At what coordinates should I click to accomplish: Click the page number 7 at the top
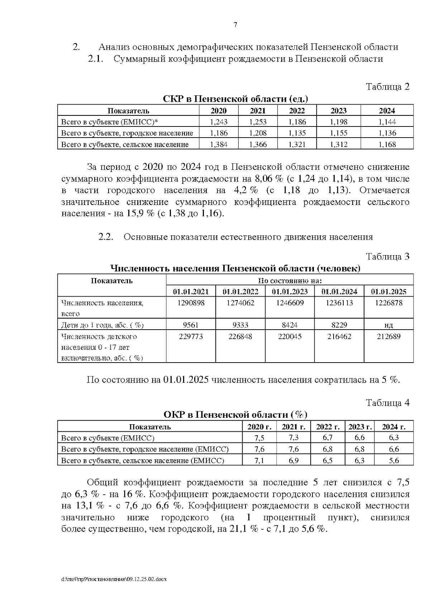(x=235, y=25)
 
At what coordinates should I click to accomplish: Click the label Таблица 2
(x=387, y=87)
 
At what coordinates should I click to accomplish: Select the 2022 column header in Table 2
(x=297, y=111)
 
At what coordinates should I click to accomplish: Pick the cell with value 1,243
(x=219, y=122)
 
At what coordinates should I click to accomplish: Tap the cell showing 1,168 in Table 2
(x=387, y=144)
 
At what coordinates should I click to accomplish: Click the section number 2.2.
(x=106, y=237)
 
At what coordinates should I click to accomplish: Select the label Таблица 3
(x=387, y=257)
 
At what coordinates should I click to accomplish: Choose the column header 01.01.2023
(x=290, y=291)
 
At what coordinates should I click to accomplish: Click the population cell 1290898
(x=191, y=303)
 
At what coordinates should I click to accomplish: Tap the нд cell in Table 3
(x=388, y=325)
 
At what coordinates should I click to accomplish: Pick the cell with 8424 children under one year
(x=290, y=325)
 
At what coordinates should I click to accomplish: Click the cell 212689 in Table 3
(x=388, y=336)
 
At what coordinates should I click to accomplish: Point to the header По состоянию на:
(x=290, y=280)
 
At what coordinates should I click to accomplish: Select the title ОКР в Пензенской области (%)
(x=235, y=415)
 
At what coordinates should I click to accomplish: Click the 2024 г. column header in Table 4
(x=393, y=426)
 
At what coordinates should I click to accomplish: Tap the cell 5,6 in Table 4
(x=394, y=460)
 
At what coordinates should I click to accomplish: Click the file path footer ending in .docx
(x=114, y=579)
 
